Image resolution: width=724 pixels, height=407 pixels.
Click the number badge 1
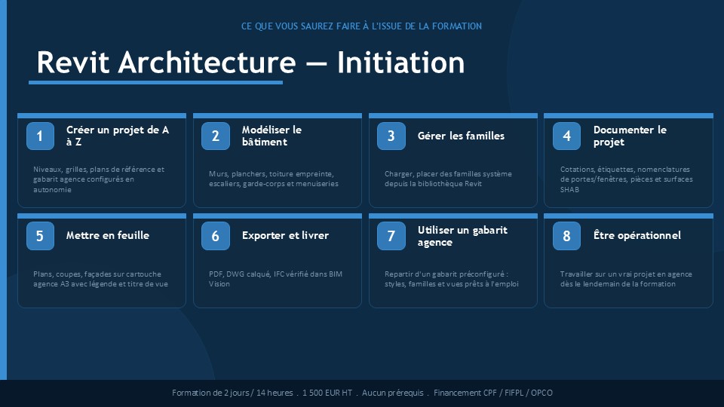coord(40,136)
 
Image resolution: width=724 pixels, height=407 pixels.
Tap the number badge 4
coord(566,136)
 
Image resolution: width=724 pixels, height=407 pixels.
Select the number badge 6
coord(216,236)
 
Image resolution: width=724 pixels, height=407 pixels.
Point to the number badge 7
coord(391,236)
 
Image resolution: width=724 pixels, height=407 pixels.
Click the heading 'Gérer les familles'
coord(461,136)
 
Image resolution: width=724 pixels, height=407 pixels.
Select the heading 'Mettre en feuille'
coord(108,235)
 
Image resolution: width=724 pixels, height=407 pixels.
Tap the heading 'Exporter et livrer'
coord(285,235)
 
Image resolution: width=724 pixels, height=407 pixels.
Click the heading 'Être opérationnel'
coord(637,235)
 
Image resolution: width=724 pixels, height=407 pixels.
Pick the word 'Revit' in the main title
coord(73,63)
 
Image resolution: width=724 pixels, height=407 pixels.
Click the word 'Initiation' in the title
coord(400,63)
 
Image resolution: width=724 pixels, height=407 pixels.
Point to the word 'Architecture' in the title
coord(207,63)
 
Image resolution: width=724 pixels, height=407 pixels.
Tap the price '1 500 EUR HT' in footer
coord(327,393)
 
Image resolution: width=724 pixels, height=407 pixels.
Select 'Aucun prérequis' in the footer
coord(392,393)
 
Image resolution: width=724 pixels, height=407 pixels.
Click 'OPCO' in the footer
coord(541,393)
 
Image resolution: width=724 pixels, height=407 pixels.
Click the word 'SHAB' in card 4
coord(569,190)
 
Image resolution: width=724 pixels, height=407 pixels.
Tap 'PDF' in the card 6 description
coord(216,274)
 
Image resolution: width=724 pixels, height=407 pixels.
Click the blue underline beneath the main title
coord(155,83)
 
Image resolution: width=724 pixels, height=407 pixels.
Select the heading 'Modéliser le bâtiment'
coord(271,136)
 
